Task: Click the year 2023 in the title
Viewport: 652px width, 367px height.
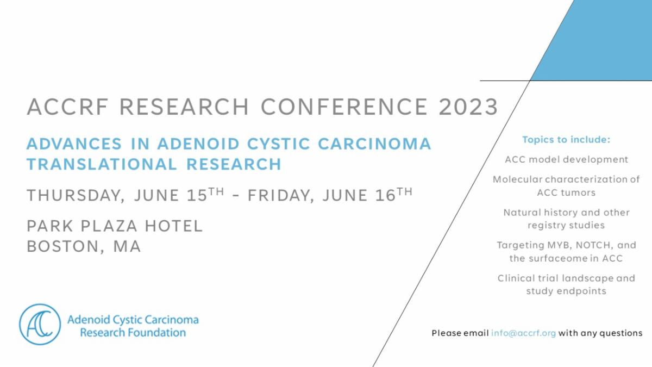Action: point(468,107)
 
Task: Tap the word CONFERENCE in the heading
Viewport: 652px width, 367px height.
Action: point(344,107)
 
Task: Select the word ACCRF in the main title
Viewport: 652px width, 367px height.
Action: point(67,107)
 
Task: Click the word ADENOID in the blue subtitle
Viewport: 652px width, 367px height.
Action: point(198,144)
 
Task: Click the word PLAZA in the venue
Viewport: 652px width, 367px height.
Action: point(109,226)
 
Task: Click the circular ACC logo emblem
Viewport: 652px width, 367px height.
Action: point(40,324)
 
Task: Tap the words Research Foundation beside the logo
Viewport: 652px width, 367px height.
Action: point(133,332)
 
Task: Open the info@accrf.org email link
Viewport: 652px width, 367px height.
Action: point(523,333)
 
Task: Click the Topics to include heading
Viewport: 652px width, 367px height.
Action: point(566,140)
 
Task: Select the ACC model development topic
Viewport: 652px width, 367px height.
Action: point(566,160)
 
